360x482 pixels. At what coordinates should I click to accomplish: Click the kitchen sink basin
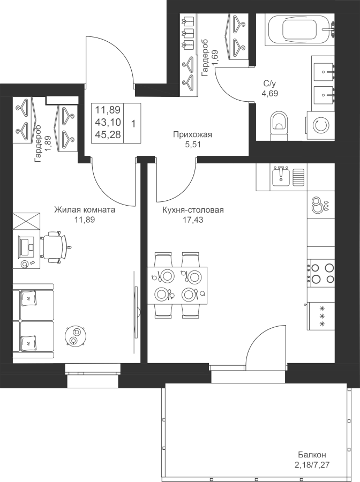coord(280,177)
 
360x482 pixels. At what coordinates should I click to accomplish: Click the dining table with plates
coord(177,285)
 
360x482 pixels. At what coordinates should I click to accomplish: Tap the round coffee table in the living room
coord(76,336)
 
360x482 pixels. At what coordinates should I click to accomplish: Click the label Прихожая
coord(192,134)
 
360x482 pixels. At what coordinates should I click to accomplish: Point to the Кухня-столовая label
coord(193,210)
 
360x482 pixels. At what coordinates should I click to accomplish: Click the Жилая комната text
coord(85,210)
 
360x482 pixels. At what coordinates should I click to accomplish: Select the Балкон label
coord(312,455)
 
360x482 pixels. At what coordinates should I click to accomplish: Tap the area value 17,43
coord(193,220)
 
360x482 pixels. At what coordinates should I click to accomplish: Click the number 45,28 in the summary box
coord(108,134)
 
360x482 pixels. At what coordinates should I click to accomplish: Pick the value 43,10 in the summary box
coord(108,122)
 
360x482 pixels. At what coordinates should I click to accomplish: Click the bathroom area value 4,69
coord(270,93)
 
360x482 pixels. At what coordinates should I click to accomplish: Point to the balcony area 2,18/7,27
coord(312,464)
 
